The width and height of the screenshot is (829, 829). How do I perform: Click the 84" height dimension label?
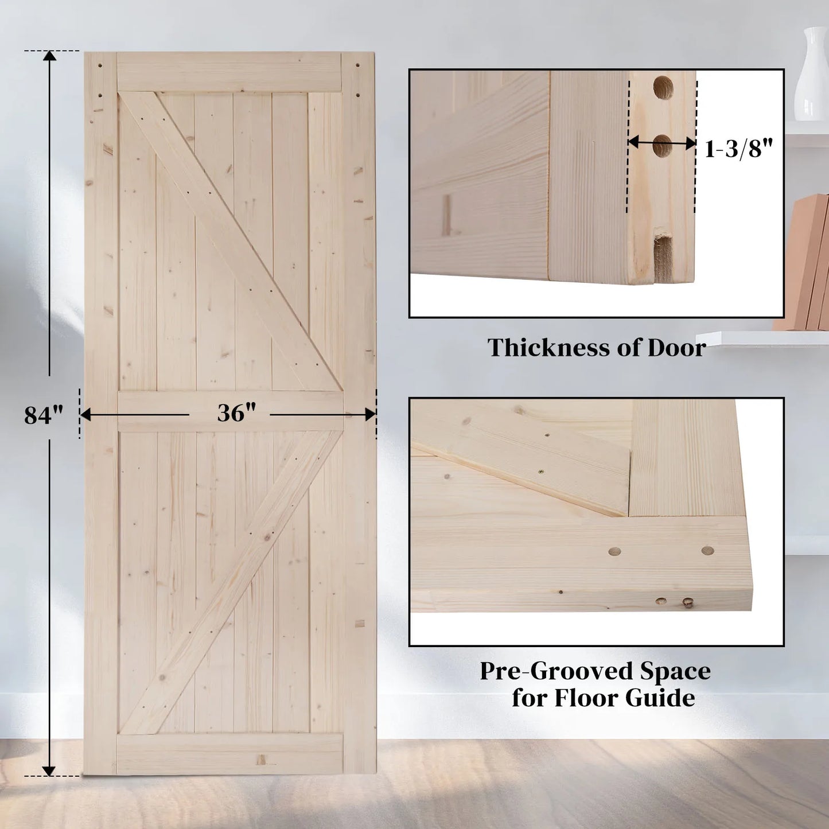43,415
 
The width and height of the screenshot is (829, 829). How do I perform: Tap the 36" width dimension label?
236,412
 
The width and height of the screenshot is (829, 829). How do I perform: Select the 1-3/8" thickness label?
738,149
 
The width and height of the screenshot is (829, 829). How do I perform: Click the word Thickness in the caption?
547,348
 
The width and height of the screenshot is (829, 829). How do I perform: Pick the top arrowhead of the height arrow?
50,56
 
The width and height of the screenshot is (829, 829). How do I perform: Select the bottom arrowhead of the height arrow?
49,770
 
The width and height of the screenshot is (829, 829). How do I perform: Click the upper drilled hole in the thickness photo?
663,87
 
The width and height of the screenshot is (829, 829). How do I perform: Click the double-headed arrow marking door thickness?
661,143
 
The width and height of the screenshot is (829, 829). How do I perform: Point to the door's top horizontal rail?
229,72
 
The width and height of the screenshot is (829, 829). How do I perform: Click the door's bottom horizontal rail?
229,753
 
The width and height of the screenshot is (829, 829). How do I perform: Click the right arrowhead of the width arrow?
370,414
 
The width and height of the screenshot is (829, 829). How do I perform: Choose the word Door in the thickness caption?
676,348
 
